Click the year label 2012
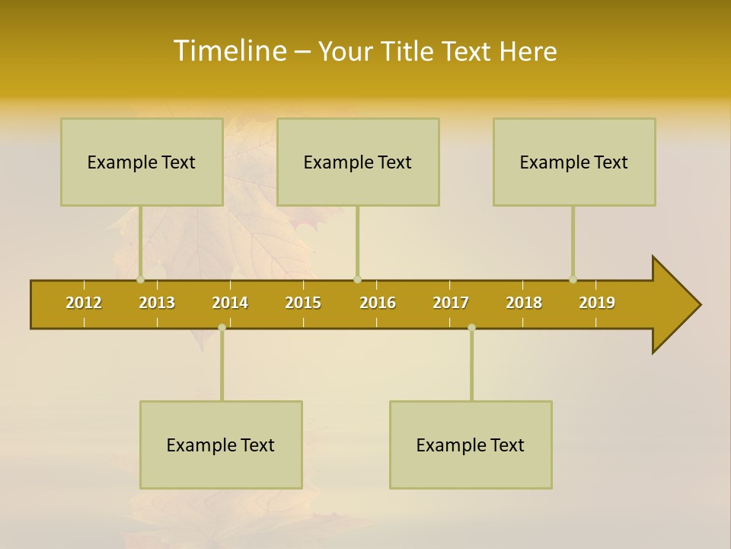[84, 303]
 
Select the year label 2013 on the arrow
[157, 303]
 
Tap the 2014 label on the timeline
[230, 303]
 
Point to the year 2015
[303, 303]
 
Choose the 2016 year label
[378, 303]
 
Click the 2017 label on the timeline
[451, 303]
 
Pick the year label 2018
[524, 303]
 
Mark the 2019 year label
[597, 303]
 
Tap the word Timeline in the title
[228, 51]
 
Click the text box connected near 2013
[142, 162]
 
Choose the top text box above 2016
[358, 162]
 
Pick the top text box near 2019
[574, 162]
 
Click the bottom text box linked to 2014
[221, 445]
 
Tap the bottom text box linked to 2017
[471, 445]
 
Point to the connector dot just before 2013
[140, 279]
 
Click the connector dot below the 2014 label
[222, 327]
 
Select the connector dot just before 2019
[573, 279]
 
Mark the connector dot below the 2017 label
[471, 327]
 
